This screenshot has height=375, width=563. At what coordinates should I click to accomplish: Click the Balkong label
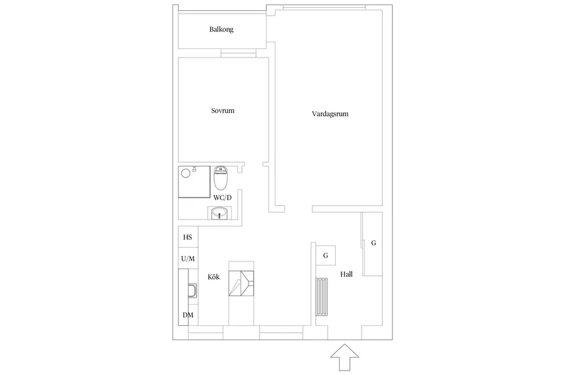(x=221, y=30)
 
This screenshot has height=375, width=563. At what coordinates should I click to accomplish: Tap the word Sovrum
(x=223, y=110)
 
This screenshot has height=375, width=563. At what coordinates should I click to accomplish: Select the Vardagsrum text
(x=330, y=114)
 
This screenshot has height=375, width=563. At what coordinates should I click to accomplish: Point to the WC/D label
(x=223, y=198)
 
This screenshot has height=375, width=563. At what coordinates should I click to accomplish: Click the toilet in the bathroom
(x=220, y=178)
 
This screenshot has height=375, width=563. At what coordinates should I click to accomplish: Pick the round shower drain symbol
(x=186, y=174)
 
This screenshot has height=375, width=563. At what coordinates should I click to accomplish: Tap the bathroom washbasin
(x=219, y=214)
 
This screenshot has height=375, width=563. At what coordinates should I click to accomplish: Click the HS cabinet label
(x=187, y=238)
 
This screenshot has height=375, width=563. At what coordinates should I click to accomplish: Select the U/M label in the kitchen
(x=188, y=259)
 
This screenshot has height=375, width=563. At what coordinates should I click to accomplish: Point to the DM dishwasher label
(x=188, y=315)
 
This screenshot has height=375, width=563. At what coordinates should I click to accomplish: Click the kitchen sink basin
(x=192, y=291)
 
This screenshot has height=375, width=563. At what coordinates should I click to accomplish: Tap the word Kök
(x=214, y=277)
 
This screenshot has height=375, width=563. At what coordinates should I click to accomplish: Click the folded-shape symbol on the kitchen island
(x=241, y=283)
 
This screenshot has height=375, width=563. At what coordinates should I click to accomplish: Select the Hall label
(x=347, y=274)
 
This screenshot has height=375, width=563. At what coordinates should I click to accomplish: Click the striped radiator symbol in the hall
(x=322, y=297)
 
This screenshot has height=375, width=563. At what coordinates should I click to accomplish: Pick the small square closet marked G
(x=325, y=256)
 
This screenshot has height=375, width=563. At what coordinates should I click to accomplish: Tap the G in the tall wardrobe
(x=373, y=243)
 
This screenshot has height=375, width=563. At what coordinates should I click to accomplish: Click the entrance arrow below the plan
(x=345, y=357)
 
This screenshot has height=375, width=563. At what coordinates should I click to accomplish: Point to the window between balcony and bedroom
(x=238, y=53)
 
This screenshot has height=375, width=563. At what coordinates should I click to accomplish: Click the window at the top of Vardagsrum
(x=324, y=8)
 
